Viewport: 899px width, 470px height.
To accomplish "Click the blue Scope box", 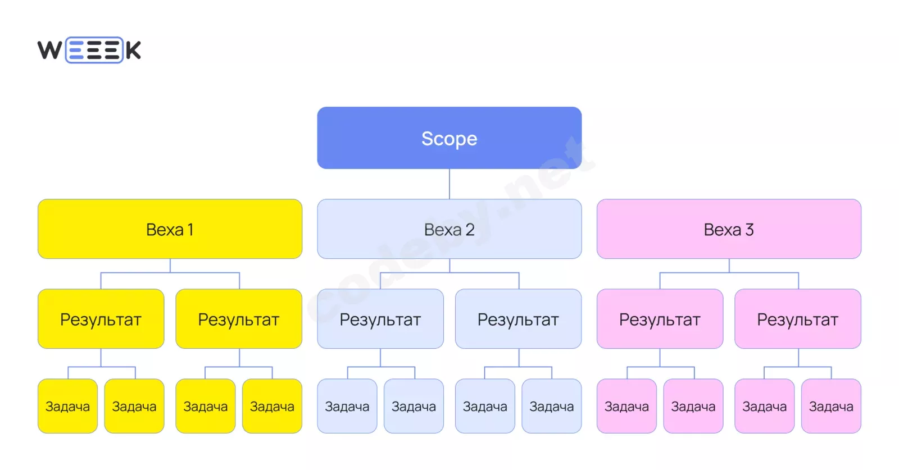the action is coord(449,138).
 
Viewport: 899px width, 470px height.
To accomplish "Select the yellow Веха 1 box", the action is coord(170,229).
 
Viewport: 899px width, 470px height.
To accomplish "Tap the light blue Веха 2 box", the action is coord(449,229).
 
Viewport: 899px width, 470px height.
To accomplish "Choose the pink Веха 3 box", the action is coord(729,229).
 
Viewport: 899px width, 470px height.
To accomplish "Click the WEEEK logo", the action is coord(89,50).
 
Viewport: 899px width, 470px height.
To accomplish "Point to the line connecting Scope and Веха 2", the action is coord(449,184).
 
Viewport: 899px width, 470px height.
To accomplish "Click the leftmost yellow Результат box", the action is coord(101,319).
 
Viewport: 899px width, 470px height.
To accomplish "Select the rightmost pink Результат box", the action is coord(798,319).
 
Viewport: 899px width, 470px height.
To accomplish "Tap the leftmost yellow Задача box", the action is coord(67,406).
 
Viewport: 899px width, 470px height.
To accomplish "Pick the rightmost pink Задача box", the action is coord(831,406).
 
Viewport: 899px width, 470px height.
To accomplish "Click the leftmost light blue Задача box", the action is coord(347,406).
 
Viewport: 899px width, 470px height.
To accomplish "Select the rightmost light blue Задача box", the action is coord(551,406).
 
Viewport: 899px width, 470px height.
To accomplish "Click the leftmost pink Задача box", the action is coord(626,406).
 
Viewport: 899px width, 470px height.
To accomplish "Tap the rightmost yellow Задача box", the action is coord(272,406).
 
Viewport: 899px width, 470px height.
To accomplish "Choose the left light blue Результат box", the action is coord(380,319).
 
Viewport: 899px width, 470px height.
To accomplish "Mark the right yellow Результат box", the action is coord(239,319).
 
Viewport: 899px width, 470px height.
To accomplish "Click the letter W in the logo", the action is coord(50,50).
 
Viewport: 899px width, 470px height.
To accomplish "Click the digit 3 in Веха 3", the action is coord(750,230).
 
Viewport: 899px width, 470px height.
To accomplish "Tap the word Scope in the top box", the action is coord(449,139).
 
